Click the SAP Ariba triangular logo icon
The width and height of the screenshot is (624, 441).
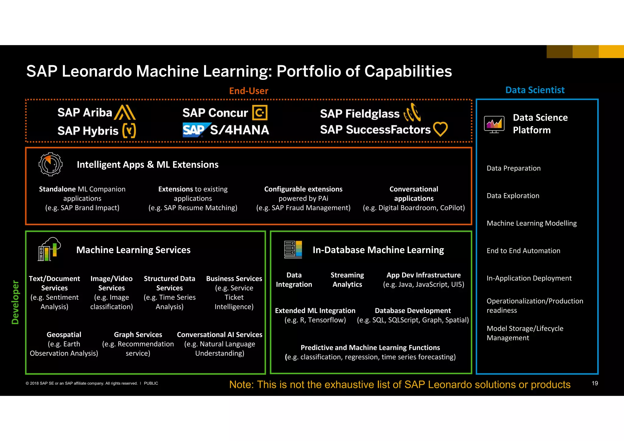coord(125,112)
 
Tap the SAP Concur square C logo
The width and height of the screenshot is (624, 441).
coord(260,113)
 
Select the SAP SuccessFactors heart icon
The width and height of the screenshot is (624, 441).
coord(440,129)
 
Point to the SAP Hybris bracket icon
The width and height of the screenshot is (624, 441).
coord(129,131)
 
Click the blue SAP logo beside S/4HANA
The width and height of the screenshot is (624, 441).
coord(195,130)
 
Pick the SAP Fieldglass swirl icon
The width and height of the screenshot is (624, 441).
coord(412,113)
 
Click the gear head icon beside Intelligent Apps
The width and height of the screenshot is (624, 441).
coord(51,164)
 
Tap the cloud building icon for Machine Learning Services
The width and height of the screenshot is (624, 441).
coord(49,249)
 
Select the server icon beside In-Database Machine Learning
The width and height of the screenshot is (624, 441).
coord(293,249)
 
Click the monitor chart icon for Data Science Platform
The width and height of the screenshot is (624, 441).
coord(494,124)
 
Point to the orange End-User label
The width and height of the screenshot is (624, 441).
coord(249,91)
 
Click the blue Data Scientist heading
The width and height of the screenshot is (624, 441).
coord(535,90)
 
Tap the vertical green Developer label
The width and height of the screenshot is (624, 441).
coord(15,302)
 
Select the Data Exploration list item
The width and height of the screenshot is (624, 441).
coord(513,196)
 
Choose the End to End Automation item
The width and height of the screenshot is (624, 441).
coord(523,251)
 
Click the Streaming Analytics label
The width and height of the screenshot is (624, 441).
coord(347,280)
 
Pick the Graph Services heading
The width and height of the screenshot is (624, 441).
coord(138,335)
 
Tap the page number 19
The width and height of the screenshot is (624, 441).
coord(595,383)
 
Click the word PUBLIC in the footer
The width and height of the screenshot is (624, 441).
coord(151,383)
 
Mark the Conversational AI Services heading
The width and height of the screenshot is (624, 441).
coord(219,335)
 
